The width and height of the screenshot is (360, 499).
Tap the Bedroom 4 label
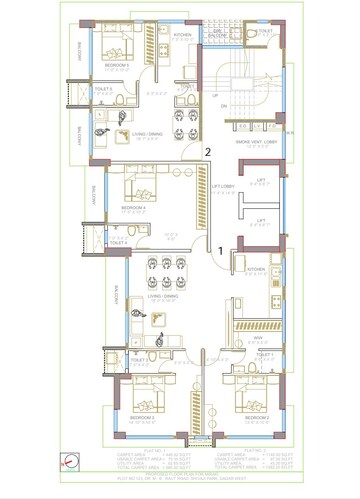(134, 208)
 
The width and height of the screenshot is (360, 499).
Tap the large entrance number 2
(207, 152)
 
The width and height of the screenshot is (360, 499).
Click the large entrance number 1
(221, 249)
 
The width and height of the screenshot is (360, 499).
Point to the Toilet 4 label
(118, 242)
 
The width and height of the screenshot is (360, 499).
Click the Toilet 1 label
(264, 354)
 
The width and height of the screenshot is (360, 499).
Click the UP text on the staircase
(213, 95)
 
